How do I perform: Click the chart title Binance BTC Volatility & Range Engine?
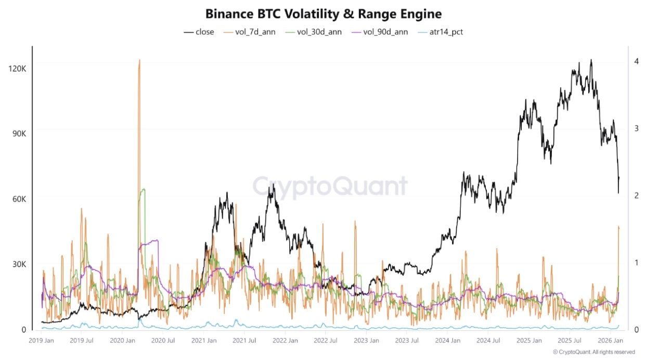(323, 14)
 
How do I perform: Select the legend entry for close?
(199, 32)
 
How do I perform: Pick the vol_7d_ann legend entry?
(250, 32)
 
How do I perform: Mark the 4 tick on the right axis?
(636, 61)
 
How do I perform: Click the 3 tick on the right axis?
(636, 128)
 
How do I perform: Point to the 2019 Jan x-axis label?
(41, 341)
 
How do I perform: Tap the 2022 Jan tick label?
(286, 341)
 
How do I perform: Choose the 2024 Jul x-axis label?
(489, 341)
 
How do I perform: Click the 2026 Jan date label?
(611, 341)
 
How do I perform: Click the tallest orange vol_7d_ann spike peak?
(139, 60)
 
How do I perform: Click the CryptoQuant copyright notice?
(594, 352)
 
